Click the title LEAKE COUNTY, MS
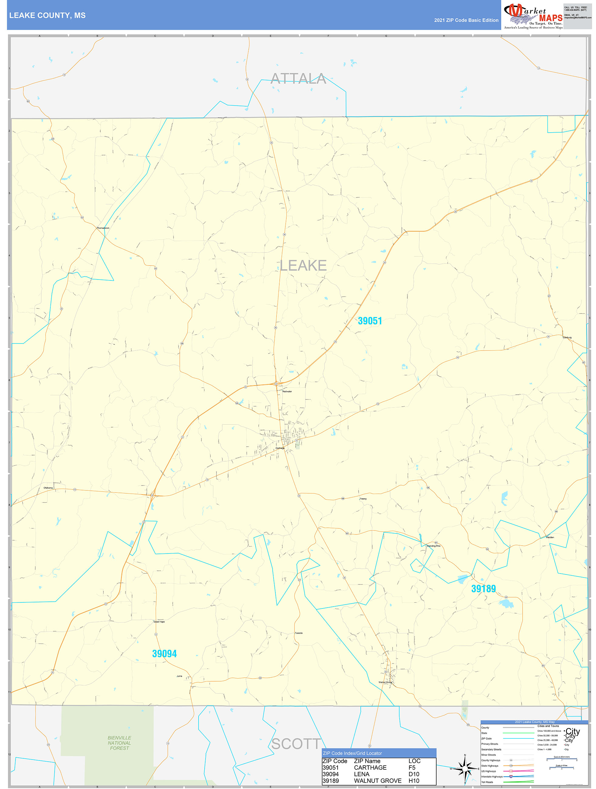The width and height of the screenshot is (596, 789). click(x=47, y=15)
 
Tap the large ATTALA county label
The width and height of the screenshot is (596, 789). click(x=298, y=79)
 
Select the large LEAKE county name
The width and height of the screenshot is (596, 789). click(x=303, y=266)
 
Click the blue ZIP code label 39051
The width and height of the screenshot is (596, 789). click(x=370, y=321)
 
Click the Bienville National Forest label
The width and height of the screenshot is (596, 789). click(x=119, y=743)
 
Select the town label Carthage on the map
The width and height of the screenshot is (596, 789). click(x=280, y=448)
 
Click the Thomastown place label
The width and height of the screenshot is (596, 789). click(x=103, y=228)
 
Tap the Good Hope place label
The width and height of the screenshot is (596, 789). click(x=159, y=622)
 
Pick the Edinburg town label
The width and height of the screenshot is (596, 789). click(x=567, y=337)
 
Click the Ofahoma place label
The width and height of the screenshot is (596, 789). click(x=48, y=488)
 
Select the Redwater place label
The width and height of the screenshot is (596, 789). click(x=287, y=391)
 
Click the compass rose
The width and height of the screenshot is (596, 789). click(x=465, y=769)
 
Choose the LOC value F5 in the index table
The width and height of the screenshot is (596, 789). click(x=412, y=767)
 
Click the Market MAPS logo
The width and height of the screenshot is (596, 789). click(x=533, y=16)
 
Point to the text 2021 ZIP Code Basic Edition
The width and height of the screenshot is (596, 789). click(x=466, y=20)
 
